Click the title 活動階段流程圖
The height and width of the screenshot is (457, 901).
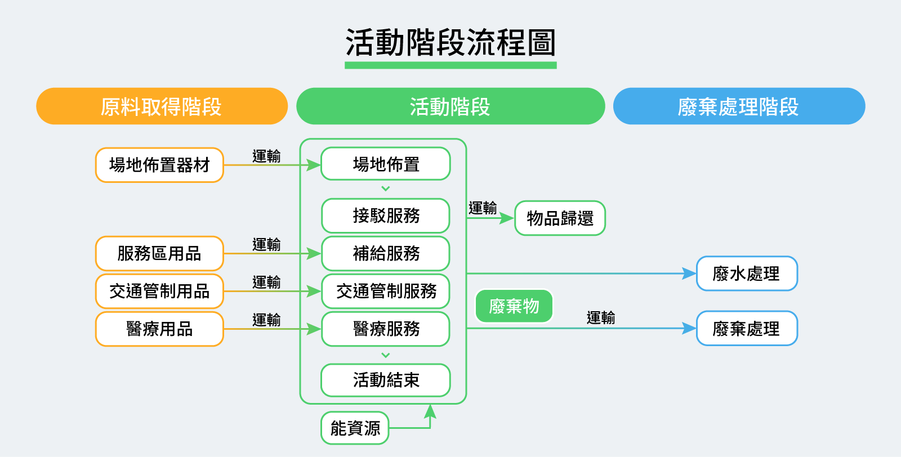[450, 43]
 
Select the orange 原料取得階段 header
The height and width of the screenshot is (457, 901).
[162, 106]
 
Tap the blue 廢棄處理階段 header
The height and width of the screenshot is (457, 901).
[739, 106]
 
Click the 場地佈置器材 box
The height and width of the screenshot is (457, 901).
[159, 165]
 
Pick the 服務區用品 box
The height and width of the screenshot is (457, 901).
[159, 254]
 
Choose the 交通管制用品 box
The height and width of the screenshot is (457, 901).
[159, 292]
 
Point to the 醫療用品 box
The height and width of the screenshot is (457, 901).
[159, 329]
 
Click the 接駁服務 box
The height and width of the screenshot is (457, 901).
[386, 216]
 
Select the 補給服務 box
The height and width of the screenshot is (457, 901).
[386, 254]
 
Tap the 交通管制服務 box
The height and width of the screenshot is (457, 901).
[386, 292]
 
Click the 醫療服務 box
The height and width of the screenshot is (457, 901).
[386, 329]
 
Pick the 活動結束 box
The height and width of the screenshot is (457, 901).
[386, 380]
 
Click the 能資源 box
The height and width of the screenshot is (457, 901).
[355, 428]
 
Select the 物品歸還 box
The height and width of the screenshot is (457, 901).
[560, 218]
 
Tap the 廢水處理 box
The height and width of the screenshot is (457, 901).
[747, 274]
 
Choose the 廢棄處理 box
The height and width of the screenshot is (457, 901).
[747, 329]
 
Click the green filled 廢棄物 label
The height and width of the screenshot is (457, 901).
[514, 307]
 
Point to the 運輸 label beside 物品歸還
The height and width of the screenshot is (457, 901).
[483, 208]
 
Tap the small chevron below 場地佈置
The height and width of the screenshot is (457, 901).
[386, 189]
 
